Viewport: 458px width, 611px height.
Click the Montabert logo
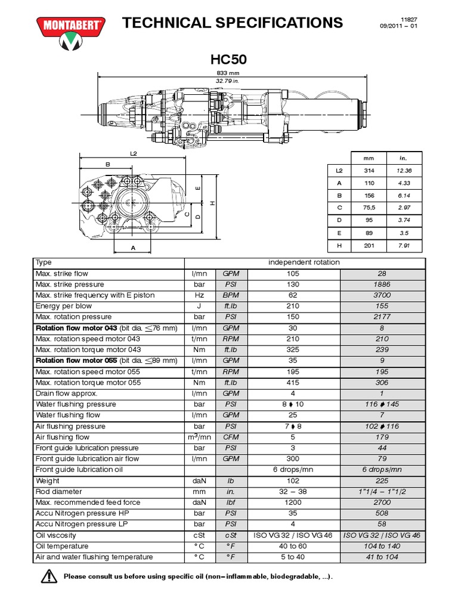[x=71, y=33]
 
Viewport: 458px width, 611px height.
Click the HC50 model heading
[x=229, y=60]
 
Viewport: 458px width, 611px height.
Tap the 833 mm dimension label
[x=230, y=72]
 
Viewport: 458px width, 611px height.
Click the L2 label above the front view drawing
[x=134, y=154]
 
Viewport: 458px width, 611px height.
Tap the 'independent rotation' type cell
[x=304, y=263]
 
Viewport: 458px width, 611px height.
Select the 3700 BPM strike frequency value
[x=382, y=295]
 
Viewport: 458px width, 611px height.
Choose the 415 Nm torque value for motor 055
[x=293, y=382]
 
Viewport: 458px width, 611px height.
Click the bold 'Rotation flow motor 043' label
[x=76, y=328]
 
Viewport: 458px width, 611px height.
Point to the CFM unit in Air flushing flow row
[x=231, y=437]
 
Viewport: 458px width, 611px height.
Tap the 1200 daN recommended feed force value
[x=293, y=502]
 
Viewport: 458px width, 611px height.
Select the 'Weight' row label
[x=48, y=481]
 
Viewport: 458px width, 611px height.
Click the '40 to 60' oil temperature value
[x=293, y=546]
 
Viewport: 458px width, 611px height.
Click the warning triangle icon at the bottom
[x=48, y=577]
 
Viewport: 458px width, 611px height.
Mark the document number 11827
[x=407, y=18]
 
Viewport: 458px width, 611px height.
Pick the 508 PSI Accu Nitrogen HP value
[x=382, y=513]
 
